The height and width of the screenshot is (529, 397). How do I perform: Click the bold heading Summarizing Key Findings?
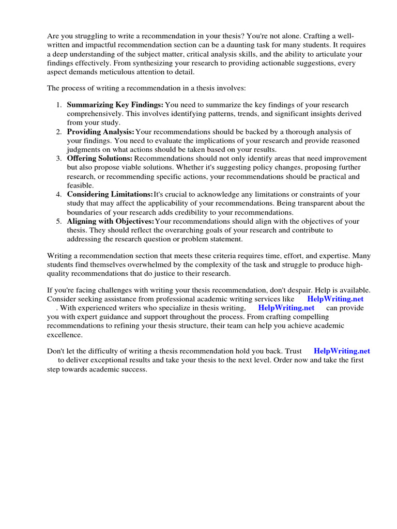[115, 105]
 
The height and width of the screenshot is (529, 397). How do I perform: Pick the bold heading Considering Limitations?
[110, 194]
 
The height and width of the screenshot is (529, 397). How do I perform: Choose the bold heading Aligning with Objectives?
[111, 221]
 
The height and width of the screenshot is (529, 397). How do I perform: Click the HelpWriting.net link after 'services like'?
[335, 299]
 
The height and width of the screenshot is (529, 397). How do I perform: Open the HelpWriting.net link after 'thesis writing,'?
[286, 308]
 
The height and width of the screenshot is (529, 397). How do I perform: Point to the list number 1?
[59, 105]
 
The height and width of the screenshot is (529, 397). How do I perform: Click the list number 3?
[59, 159]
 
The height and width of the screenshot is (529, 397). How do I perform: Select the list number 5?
[59, 221]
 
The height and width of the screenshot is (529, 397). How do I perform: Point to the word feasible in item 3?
[80, 185]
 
